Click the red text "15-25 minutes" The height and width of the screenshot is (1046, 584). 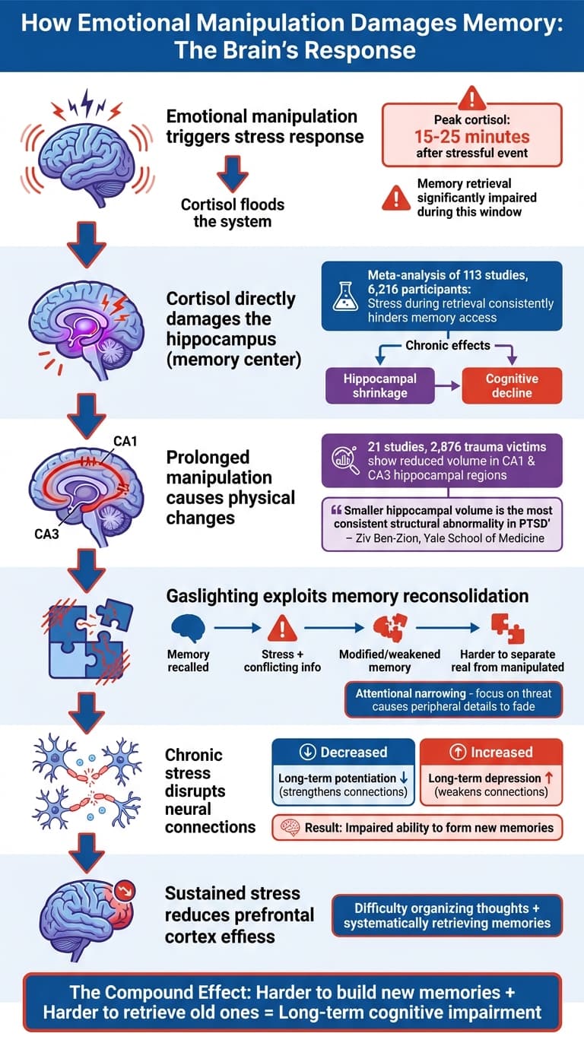[x=471, y=137]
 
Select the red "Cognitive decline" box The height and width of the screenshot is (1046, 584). [x=512, y=385]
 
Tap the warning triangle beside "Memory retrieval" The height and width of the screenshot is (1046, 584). [x=396, y=198]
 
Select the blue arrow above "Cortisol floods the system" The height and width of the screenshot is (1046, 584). [x=232, y=174]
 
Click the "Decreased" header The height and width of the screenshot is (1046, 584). [x=344, y=752]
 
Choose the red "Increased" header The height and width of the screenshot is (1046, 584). [x=491, y=752]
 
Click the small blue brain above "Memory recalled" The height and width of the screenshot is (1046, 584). [x=188, y=629]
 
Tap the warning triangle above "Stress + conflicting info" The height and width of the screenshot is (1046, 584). [x=282, y=629]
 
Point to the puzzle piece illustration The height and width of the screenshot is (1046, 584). [x=85, y=639]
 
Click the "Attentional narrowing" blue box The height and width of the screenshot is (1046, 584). [x=453, y=699]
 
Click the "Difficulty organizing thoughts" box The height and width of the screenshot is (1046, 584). [x=446, y=915]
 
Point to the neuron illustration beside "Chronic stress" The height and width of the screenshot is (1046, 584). [x=85, y=791]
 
